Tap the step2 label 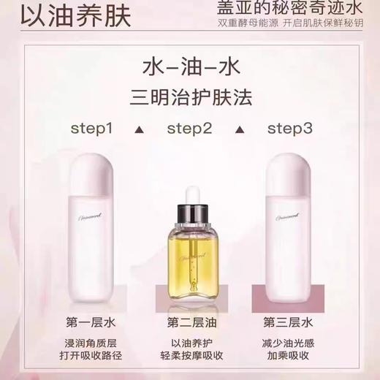[x=189, y=129]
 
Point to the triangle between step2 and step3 [x=238, y=130]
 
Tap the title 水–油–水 [x=190, y=66]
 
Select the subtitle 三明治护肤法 [x=190, y=96]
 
